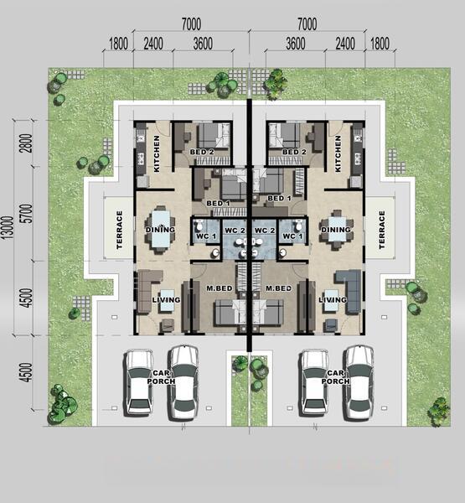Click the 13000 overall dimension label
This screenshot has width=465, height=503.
[8, 227]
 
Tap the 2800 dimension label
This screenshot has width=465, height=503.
[28, 143]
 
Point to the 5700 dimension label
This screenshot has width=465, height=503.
[28, 213]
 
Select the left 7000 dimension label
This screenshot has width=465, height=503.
[192, 24]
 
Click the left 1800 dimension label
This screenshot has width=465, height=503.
[118, 44]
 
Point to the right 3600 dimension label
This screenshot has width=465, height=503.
[296, 44]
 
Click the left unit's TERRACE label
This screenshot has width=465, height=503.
[120, 230]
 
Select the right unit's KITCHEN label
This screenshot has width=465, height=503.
[338, 153]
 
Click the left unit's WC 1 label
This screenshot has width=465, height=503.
[206, 236]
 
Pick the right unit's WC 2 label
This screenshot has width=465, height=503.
[264, 231]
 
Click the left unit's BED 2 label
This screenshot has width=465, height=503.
[202, 152]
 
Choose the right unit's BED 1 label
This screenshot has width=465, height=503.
[279, 198]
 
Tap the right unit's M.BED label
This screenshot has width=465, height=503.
[279, 288]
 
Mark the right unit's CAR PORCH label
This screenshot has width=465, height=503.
[335, 377]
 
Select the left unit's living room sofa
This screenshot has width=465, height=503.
[147, 291]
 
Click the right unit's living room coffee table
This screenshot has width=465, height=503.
[331, 301]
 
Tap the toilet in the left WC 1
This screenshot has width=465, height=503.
[199, 225]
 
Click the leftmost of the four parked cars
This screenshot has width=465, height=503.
[138, 382]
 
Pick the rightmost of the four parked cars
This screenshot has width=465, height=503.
[359, 383]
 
